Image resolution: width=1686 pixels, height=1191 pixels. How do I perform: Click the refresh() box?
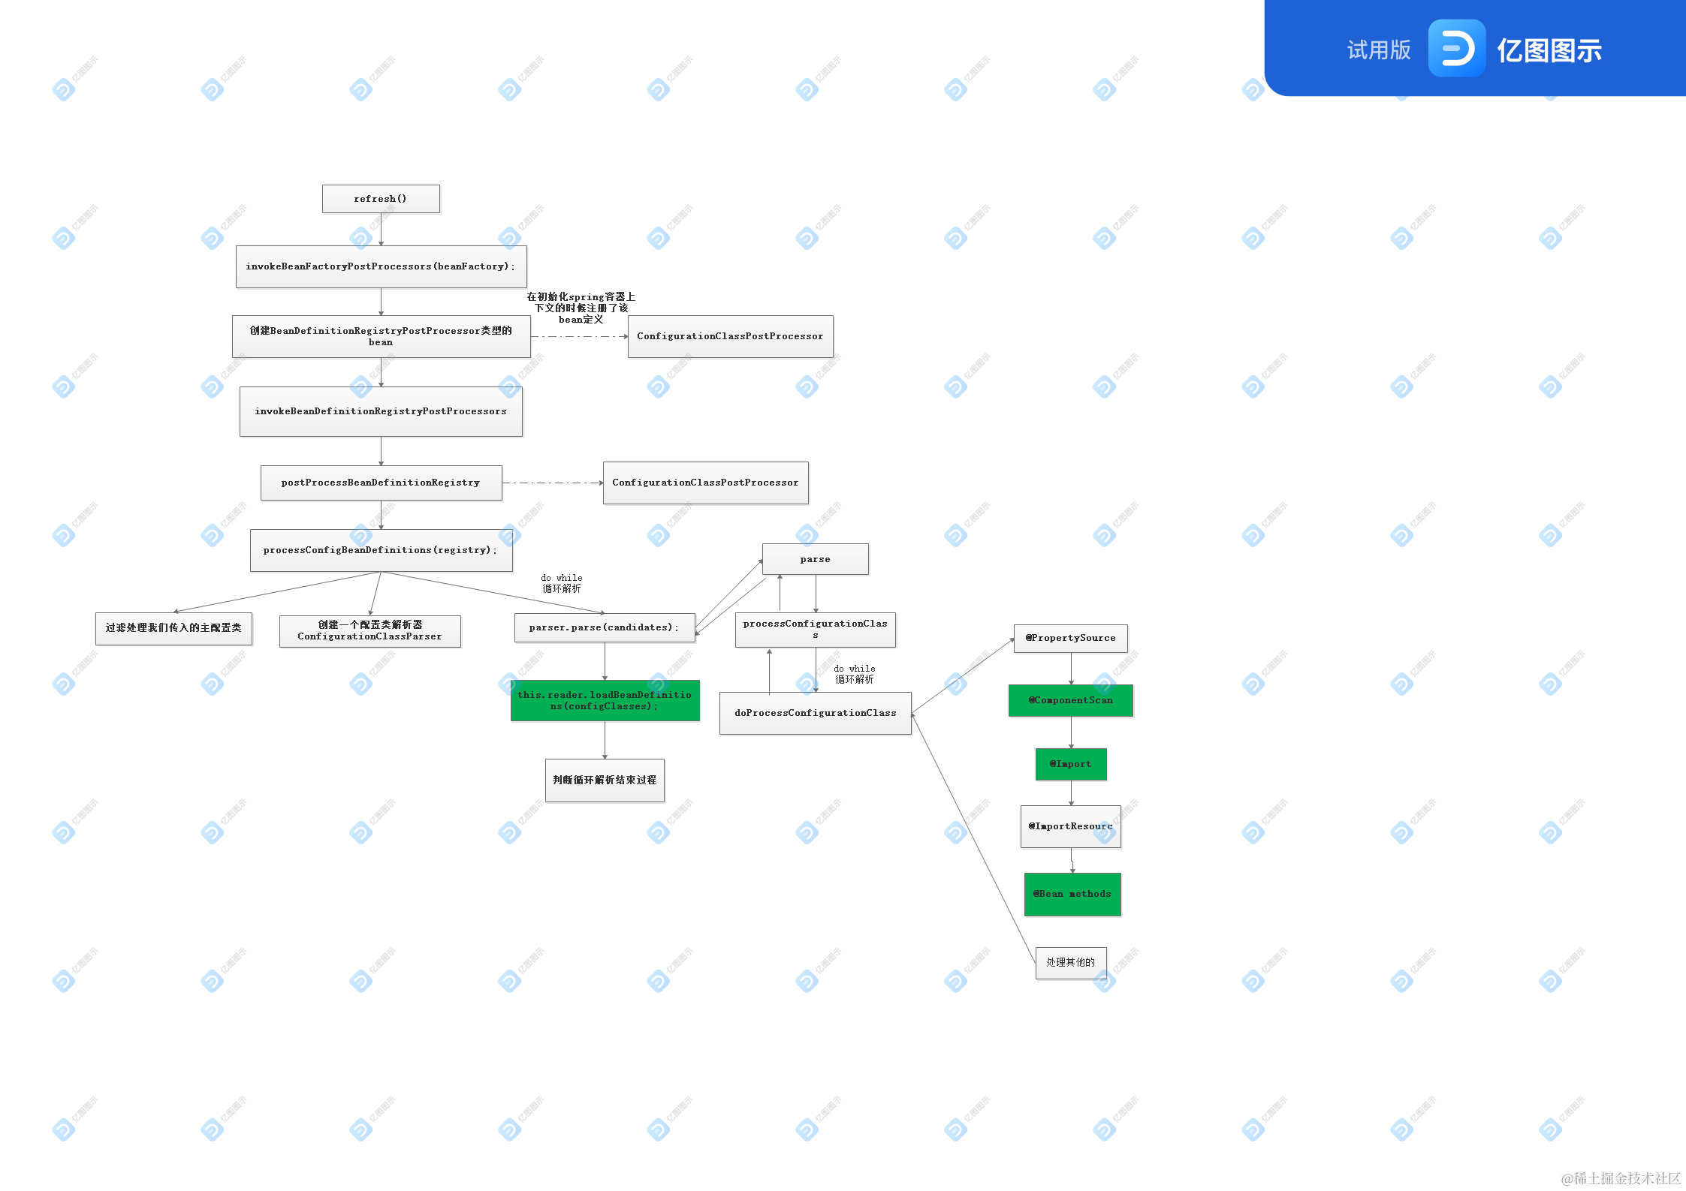pyautogui.click(x=381, y=199)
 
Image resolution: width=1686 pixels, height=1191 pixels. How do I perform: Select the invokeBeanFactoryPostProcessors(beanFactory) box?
pyautogui.click(x=381, y=266)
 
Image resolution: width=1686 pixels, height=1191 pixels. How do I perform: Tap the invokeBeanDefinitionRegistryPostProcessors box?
pyautogui.click(x=381, y=411)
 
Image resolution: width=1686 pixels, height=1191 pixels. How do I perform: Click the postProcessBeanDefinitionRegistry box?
pyautogui.click(x=381, y=483)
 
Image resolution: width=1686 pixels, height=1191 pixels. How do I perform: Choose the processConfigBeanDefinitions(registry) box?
pyautogui.click(x=381, y=550)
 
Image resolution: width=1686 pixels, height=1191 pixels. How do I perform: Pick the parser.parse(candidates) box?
pyautogui.click(x=604, y=627)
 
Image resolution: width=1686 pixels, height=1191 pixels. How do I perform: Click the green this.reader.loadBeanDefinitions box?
pyautogui.click(x=605, y=700)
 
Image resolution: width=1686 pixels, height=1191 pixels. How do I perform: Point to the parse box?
pyautogui.click(x=815, y=559)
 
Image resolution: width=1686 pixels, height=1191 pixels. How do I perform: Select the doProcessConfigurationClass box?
pyautogui.click(x=815, y=713)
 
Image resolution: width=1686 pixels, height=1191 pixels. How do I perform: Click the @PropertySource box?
pyautogui.click(x=1070, y=638)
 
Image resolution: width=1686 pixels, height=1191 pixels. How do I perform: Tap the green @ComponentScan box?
pyautogui.click(x=1070, y=700)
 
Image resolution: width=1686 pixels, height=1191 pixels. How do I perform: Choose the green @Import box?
pyautogui.click(x=1070, y=764)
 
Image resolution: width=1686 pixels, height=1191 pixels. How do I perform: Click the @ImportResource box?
pyautogui.click(x=1070, y=826)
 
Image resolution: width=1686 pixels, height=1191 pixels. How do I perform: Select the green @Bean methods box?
pyautogui.click(x=1072, y=894)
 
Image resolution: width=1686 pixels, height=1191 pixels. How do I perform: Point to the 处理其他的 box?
pyautogui.click(x=1070, y=962)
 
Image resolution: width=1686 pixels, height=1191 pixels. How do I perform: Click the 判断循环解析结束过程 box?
pyautogui.click(x=605, y=780)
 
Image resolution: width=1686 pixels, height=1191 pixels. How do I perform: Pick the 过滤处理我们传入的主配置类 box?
pyautogui.click(x=173, y=628)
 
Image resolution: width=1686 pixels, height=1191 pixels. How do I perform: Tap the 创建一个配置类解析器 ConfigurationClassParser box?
pyautogui.click(x=369, y=630)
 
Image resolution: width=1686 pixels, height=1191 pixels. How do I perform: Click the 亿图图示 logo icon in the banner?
pyautogui.click(x=1456, y=49)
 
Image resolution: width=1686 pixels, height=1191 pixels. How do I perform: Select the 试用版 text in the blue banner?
pyautogui.click(x=1379, y=50)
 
